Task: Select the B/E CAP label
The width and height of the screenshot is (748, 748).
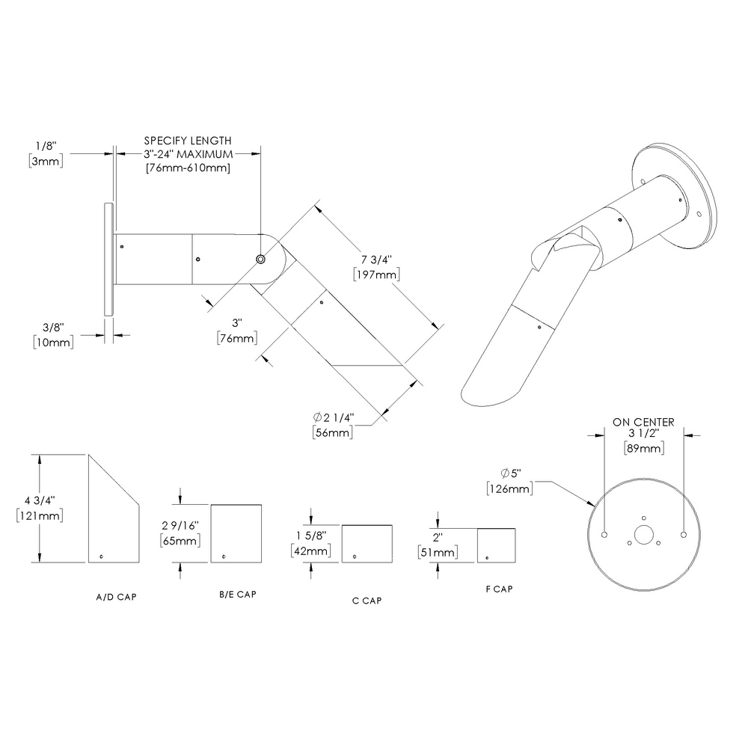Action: pyautogui.click(x=238, y=594)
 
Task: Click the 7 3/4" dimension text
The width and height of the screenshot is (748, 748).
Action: pyautogui.click(x=377, y=259)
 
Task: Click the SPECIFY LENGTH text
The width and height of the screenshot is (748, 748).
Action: pyautogui.click(x=187, y=140)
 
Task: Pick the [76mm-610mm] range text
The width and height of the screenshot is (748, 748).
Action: pyautogui.click(x=187, y=168)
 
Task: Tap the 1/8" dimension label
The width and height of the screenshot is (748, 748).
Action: pyautogui.click(x=46, y=146)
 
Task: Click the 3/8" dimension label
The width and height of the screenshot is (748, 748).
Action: pyautogui.click(x=52, y=327)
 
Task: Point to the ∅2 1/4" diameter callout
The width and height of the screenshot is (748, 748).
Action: pyautogui.click(x=334, y=417)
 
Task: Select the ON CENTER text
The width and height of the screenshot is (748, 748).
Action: pyautogui.click(x=643, y=422)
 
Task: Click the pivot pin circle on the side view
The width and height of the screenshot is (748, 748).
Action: pyautogui.click(x=260, y=258)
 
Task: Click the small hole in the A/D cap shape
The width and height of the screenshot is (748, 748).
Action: pyautogui.click(x=101, y=556)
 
